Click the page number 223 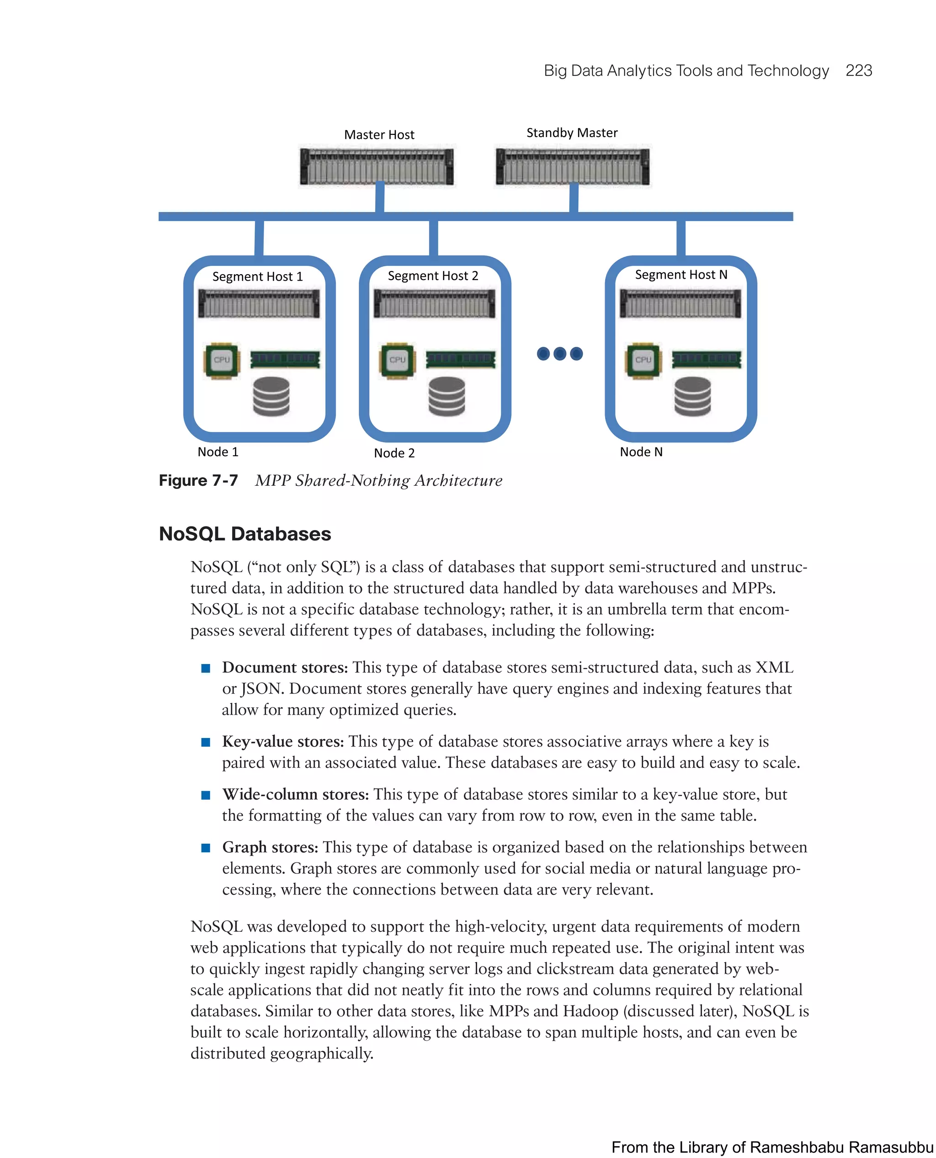[x=858, y=71]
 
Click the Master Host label [x=379, y=135]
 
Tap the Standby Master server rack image [x=573, y=167]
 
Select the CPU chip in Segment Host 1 [x=222, y=360]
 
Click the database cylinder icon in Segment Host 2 [x=447, y=396]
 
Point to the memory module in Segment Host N [x=706, y=360]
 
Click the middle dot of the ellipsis [x=560, y=354]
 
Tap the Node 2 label [x=394, y=453]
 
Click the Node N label [x=641, y=452]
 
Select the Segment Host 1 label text [x=257, y=276]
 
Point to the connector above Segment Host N [x=681, y=238]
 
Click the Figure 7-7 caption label [x=198, y=480]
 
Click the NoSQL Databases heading [x=245, y=534]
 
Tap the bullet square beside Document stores [x=205, y=669]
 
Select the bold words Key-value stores [x=282, y=742]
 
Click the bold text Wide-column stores [x=295, y=795]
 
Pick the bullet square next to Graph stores [x=205, y=848]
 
